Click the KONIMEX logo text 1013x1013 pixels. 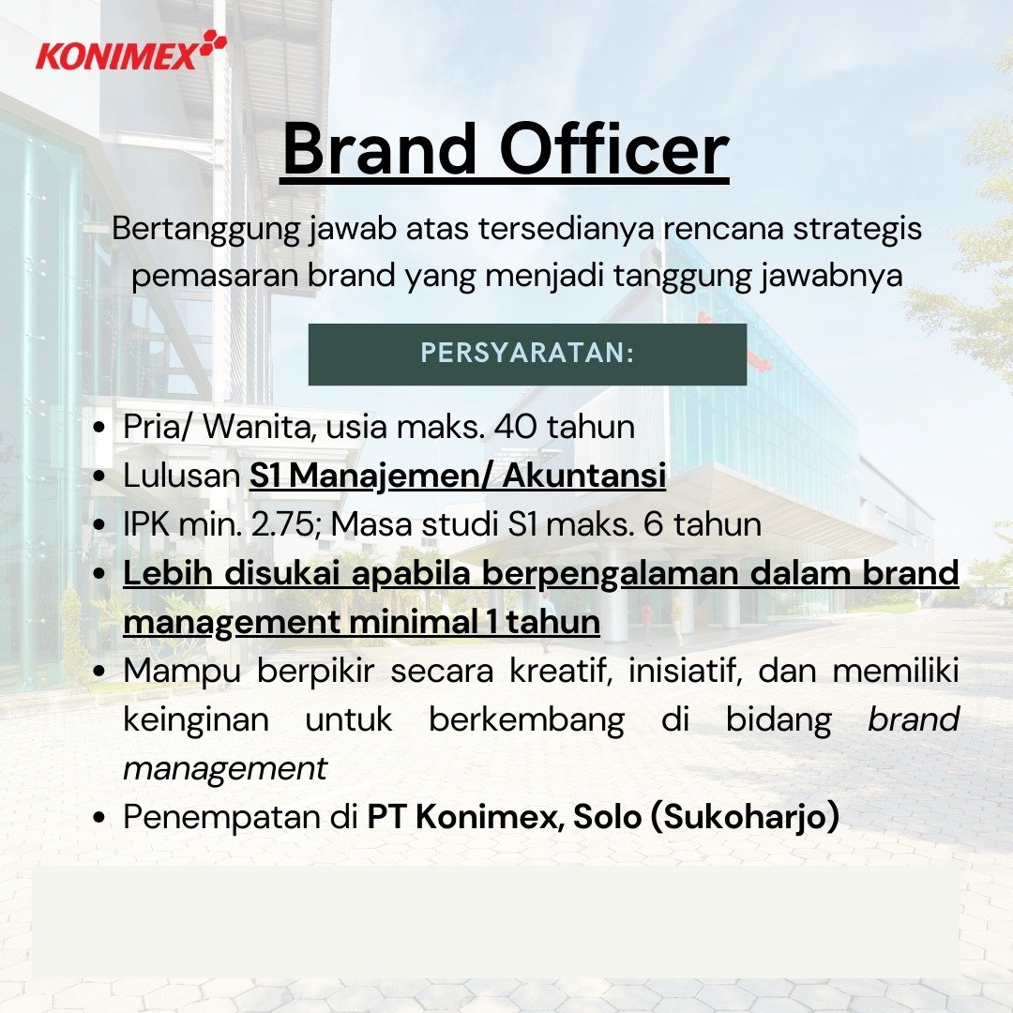[116, 55]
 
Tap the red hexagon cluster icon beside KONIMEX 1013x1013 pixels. [213, 45]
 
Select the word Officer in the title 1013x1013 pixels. [614, 150]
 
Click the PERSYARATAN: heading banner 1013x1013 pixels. [527, 354]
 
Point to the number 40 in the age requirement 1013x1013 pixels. [515, 427]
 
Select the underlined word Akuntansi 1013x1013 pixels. [584, 476]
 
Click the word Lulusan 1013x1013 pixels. [182, 476]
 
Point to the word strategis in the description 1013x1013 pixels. [857, 230]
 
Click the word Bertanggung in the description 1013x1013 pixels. [206, 230]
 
